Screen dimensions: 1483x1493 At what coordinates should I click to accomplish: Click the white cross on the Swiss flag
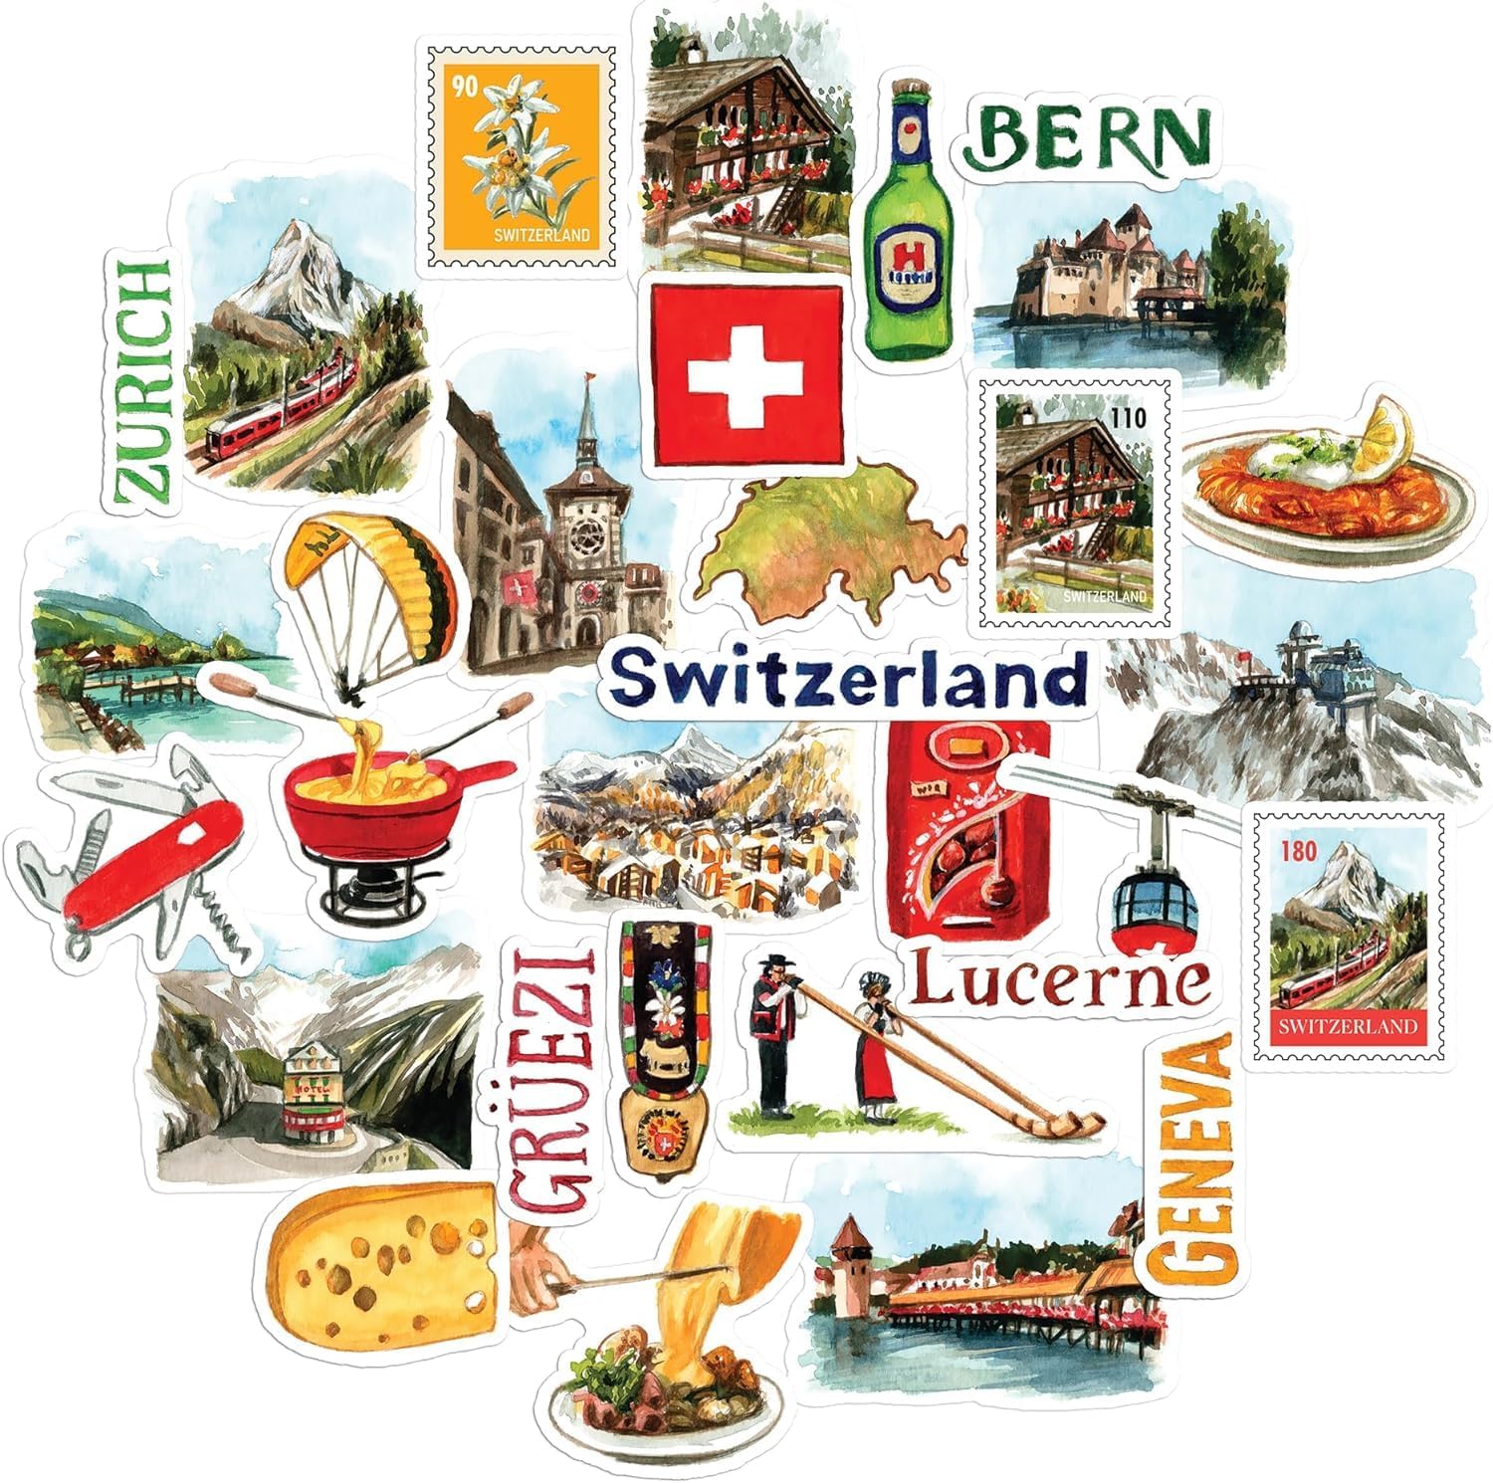[746, 379]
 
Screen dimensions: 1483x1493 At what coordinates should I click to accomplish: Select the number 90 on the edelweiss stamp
[465, 87]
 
